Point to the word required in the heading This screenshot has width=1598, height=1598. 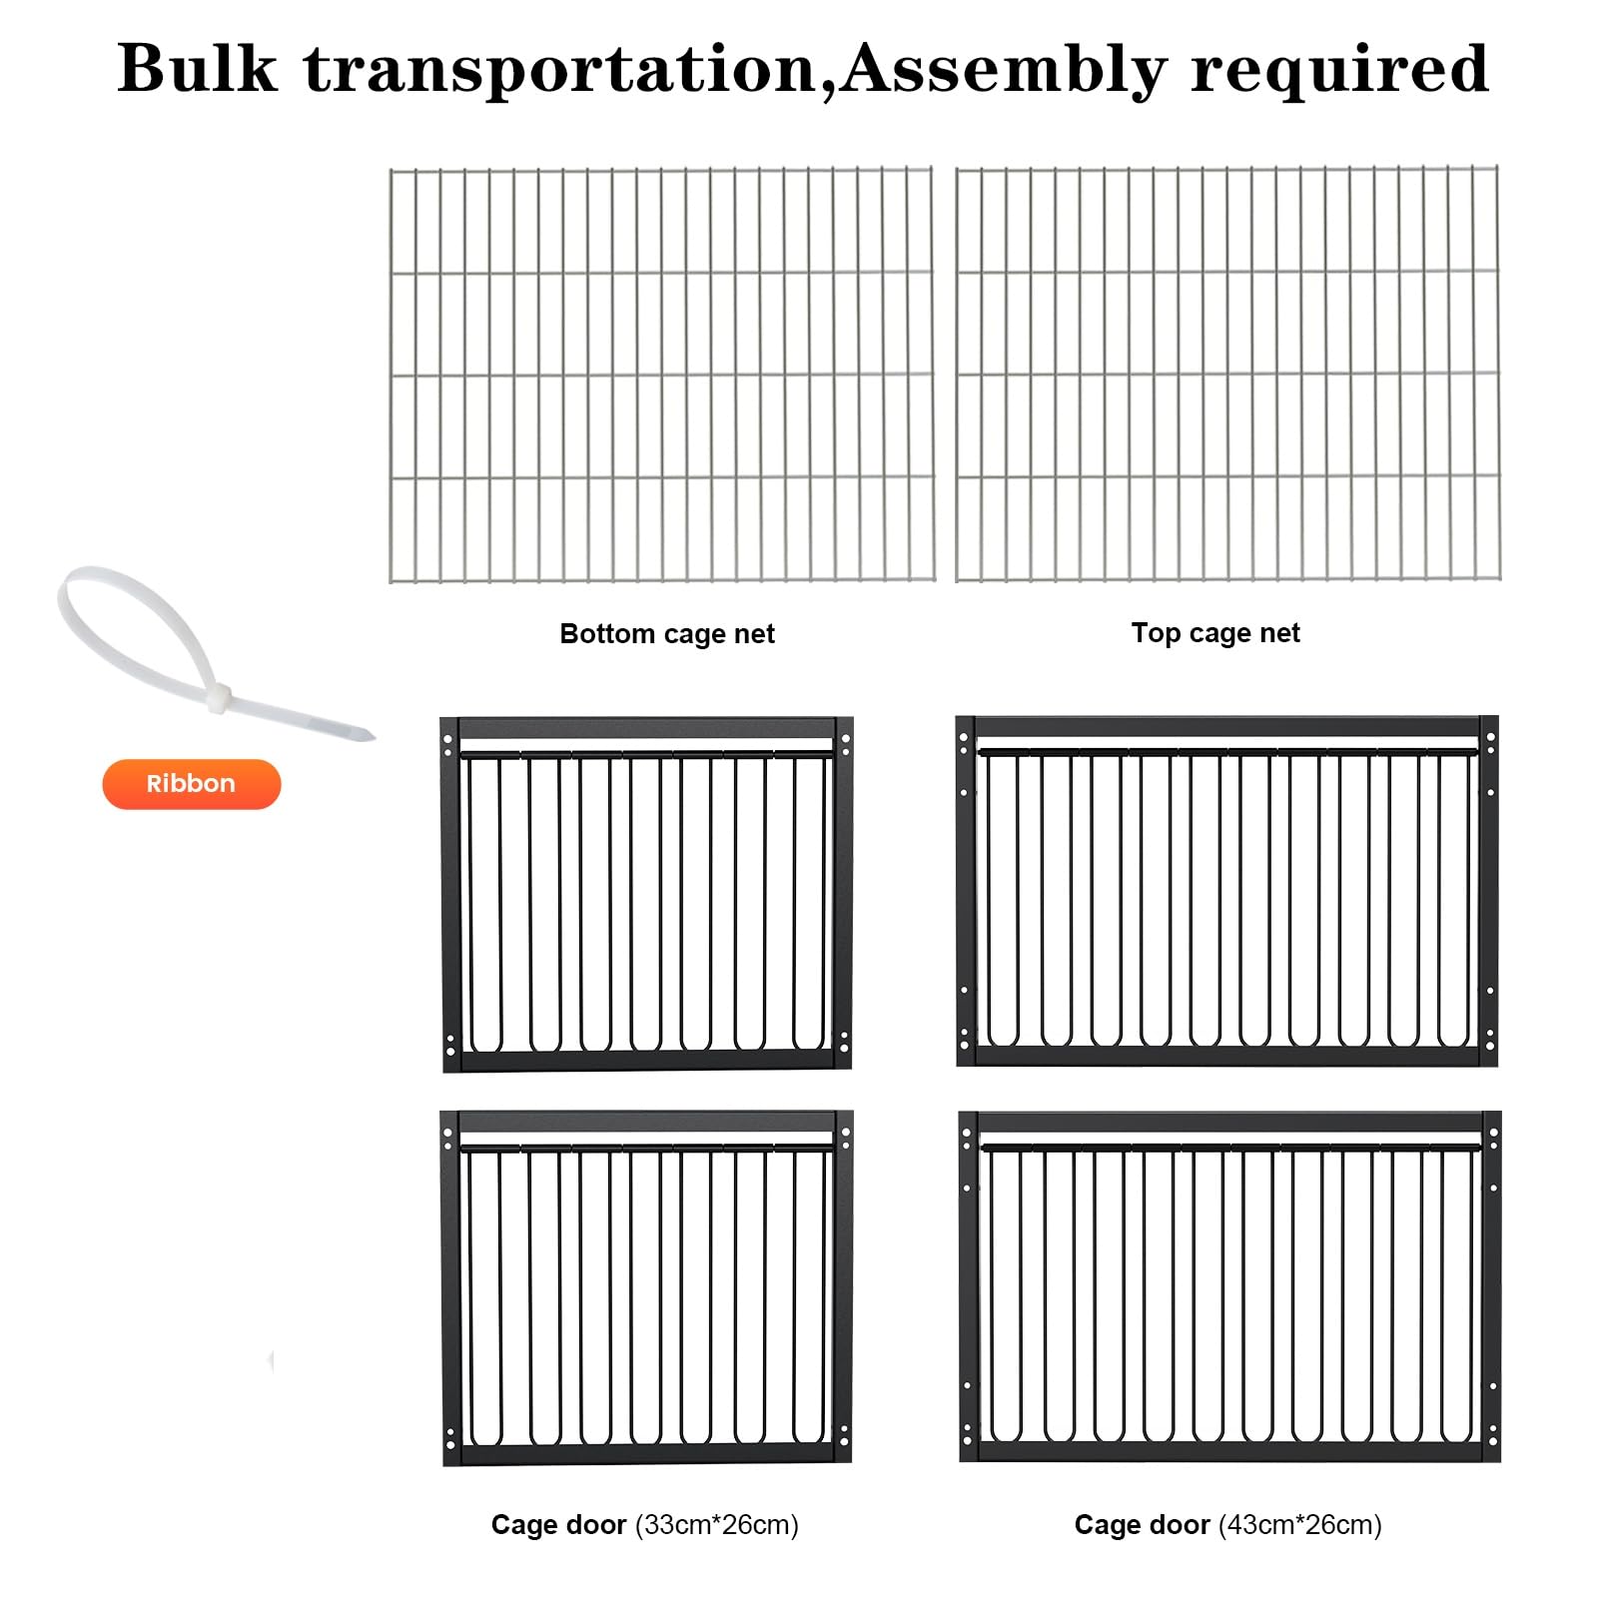point(1339,71)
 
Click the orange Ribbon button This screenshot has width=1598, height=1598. point(192,784)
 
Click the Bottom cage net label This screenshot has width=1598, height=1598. point(667,634)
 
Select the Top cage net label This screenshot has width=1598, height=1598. point(1215,633)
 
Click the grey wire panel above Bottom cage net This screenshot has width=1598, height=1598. point(661,375)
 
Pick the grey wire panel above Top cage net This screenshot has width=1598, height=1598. point(1227,373)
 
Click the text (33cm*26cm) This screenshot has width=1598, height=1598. point(717,1525)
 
